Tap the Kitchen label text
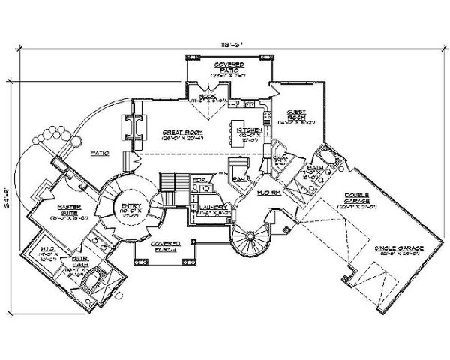pos(248,130)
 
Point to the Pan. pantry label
pos(239,179)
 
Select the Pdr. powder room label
pos(198,180)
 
